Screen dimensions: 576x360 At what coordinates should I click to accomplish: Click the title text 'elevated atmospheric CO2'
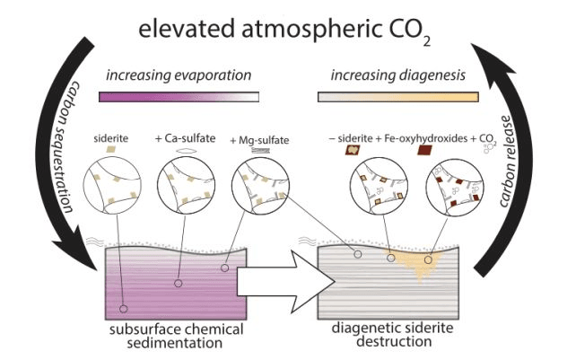click(284, 31)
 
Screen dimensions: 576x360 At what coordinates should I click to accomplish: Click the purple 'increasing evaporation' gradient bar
click(179, 97)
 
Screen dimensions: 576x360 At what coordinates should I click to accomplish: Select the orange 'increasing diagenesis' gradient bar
click(398, 97)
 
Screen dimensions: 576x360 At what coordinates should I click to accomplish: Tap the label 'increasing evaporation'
click(179, 75)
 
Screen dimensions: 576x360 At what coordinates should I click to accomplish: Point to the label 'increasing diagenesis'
click(398, 75)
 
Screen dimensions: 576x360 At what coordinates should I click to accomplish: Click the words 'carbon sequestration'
click(72, 147)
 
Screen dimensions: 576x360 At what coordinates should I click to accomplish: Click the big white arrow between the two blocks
click(286, 282)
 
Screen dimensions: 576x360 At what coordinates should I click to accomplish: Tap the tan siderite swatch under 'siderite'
click(111, 149)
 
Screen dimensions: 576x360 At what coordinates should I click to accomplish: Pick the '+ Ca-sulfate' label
click(185, 138)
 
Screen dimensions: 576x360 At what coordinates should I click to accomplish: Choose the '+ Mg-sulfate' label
click(259, 140)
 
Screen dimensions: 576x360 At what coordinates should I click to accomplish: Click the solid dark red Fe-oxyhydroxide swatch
click(425, 150)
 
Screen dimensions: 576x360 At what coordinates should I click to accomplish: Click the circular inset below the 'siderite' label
click(112, 185)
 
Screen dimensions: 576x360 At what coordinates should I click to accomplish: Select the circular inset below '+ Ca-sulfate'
click(187, 186)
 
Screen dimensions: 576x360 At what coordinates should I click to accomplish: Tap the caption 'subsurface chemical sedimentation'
click(177, 336)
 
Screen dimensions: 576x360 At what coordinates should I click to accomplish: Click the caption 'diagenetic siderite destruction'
click(392, 335)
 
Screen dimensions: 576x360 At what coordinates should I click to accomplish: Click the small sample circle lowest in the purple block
click(124, 309)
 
